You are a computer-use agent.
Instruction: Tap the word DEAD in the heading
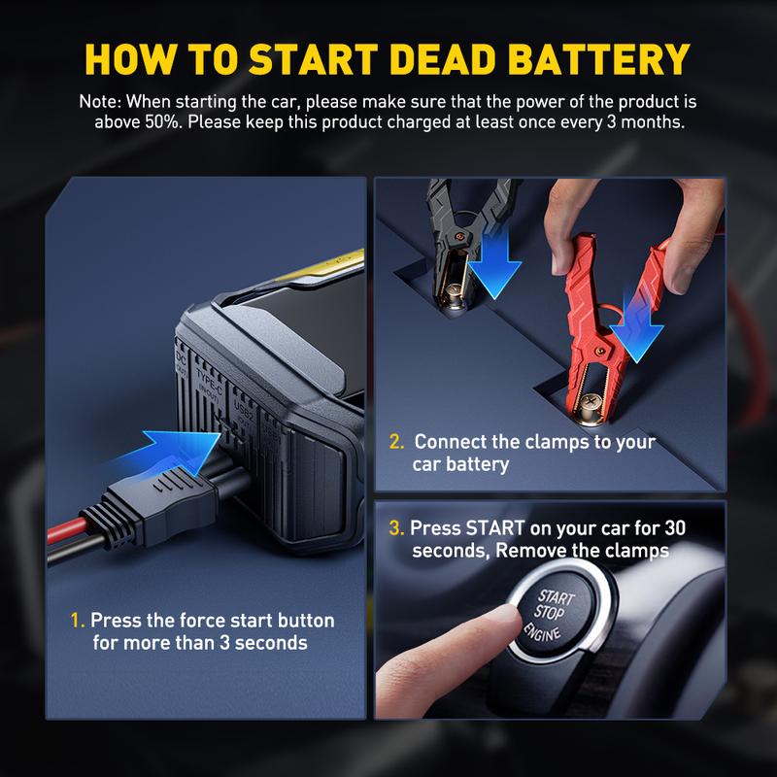pos(443,59)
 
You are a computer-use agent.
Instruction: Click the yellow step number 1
pos(77,621)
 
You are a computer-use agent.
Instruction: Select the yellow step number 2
pos(396,442)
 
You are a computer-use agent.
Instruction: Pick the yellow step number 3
pos(396,528)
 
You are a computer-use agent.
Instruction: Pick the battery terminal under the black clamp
pos(454,296)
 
